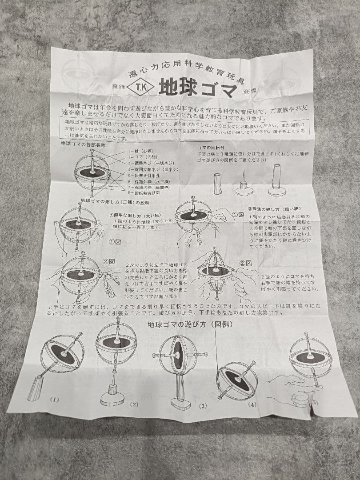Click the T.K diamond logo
140,87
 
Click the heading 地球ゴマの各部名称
83,145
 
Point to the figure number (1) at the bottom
54,400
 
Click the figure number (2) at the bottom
134,404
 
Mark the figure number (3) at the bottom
203,406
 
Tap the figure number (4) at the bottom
252,404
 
